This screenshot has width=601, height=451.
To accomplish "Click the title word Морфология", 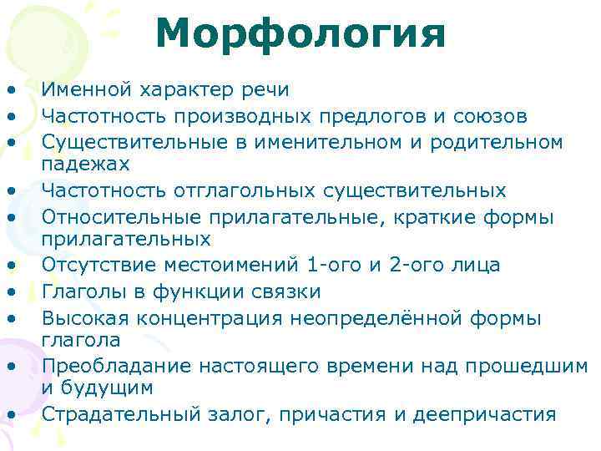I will pos(300,34).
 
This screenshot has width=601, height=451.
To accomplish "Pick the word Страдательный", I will pos(111,413).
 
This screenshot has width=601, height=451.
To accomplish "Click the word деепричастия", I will pos(492,413).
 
